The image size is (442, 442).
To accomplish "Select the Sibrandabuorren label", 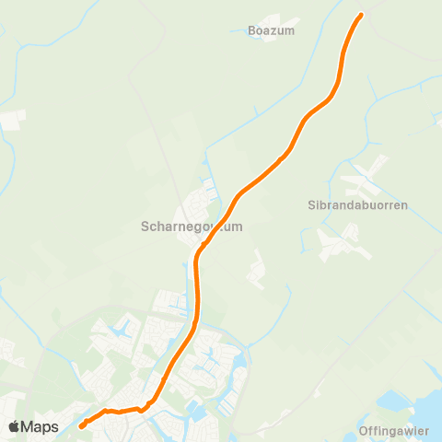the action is tap(357, 205).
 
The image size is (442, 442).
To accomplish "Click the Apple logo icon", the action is tap(15, 426).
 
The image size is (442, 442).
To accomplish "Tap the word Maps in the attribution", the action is tap(40, 426).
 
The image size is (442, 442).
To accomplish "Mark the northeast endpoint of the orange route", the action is tap(360, 15).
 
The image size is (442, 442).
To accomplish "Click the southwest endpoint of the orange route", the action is tap(82, 425).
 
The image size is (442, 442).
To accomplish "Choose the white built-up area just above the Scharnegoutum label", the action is tap(201, 198).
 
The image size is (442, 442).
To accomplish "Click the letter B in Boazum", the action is tap(252, 30).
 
